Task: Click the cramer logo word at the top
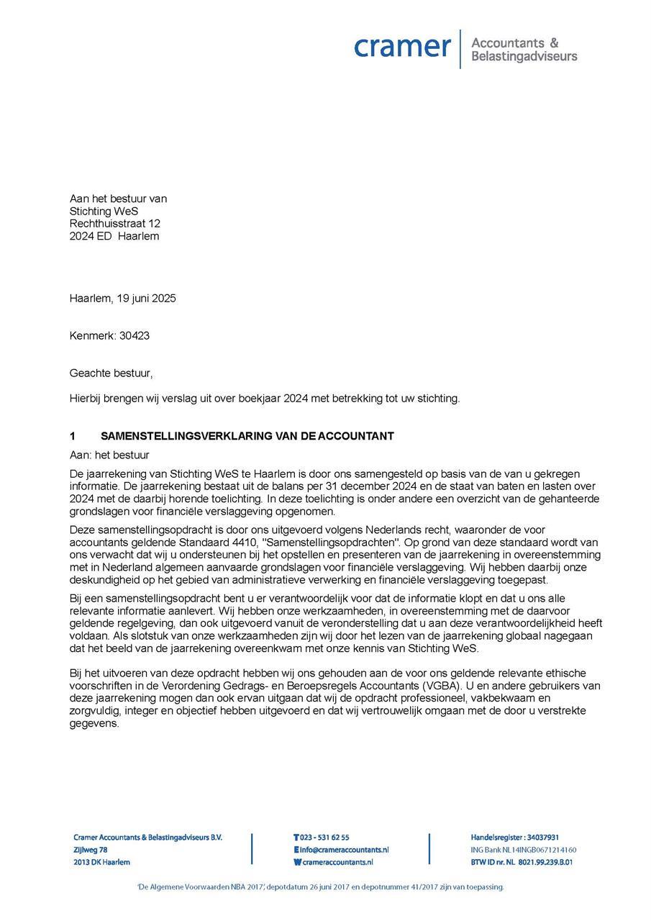tap(402, 47)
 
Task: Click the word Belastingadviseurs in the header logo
tap(524, 56)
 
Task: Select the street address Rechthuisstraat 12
tap(114, 224)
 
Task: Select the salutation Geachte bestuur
tap(111, 373)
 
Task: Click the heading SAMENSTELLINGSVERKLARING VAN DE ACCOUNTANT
tap(247, 437)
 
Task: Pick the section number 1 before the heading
tap(73, 437)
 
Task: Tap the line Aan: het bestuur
tap(109, 455)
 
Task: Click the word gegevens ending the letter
tap(94, 723)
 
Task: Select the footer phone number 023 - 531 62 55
tap(324, 838)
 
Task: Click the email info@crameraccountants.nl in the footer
tap(344, 850)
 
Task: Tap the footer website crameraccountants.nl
tap(337, 862)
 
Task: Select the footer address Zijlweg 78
tap(91, 850)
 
